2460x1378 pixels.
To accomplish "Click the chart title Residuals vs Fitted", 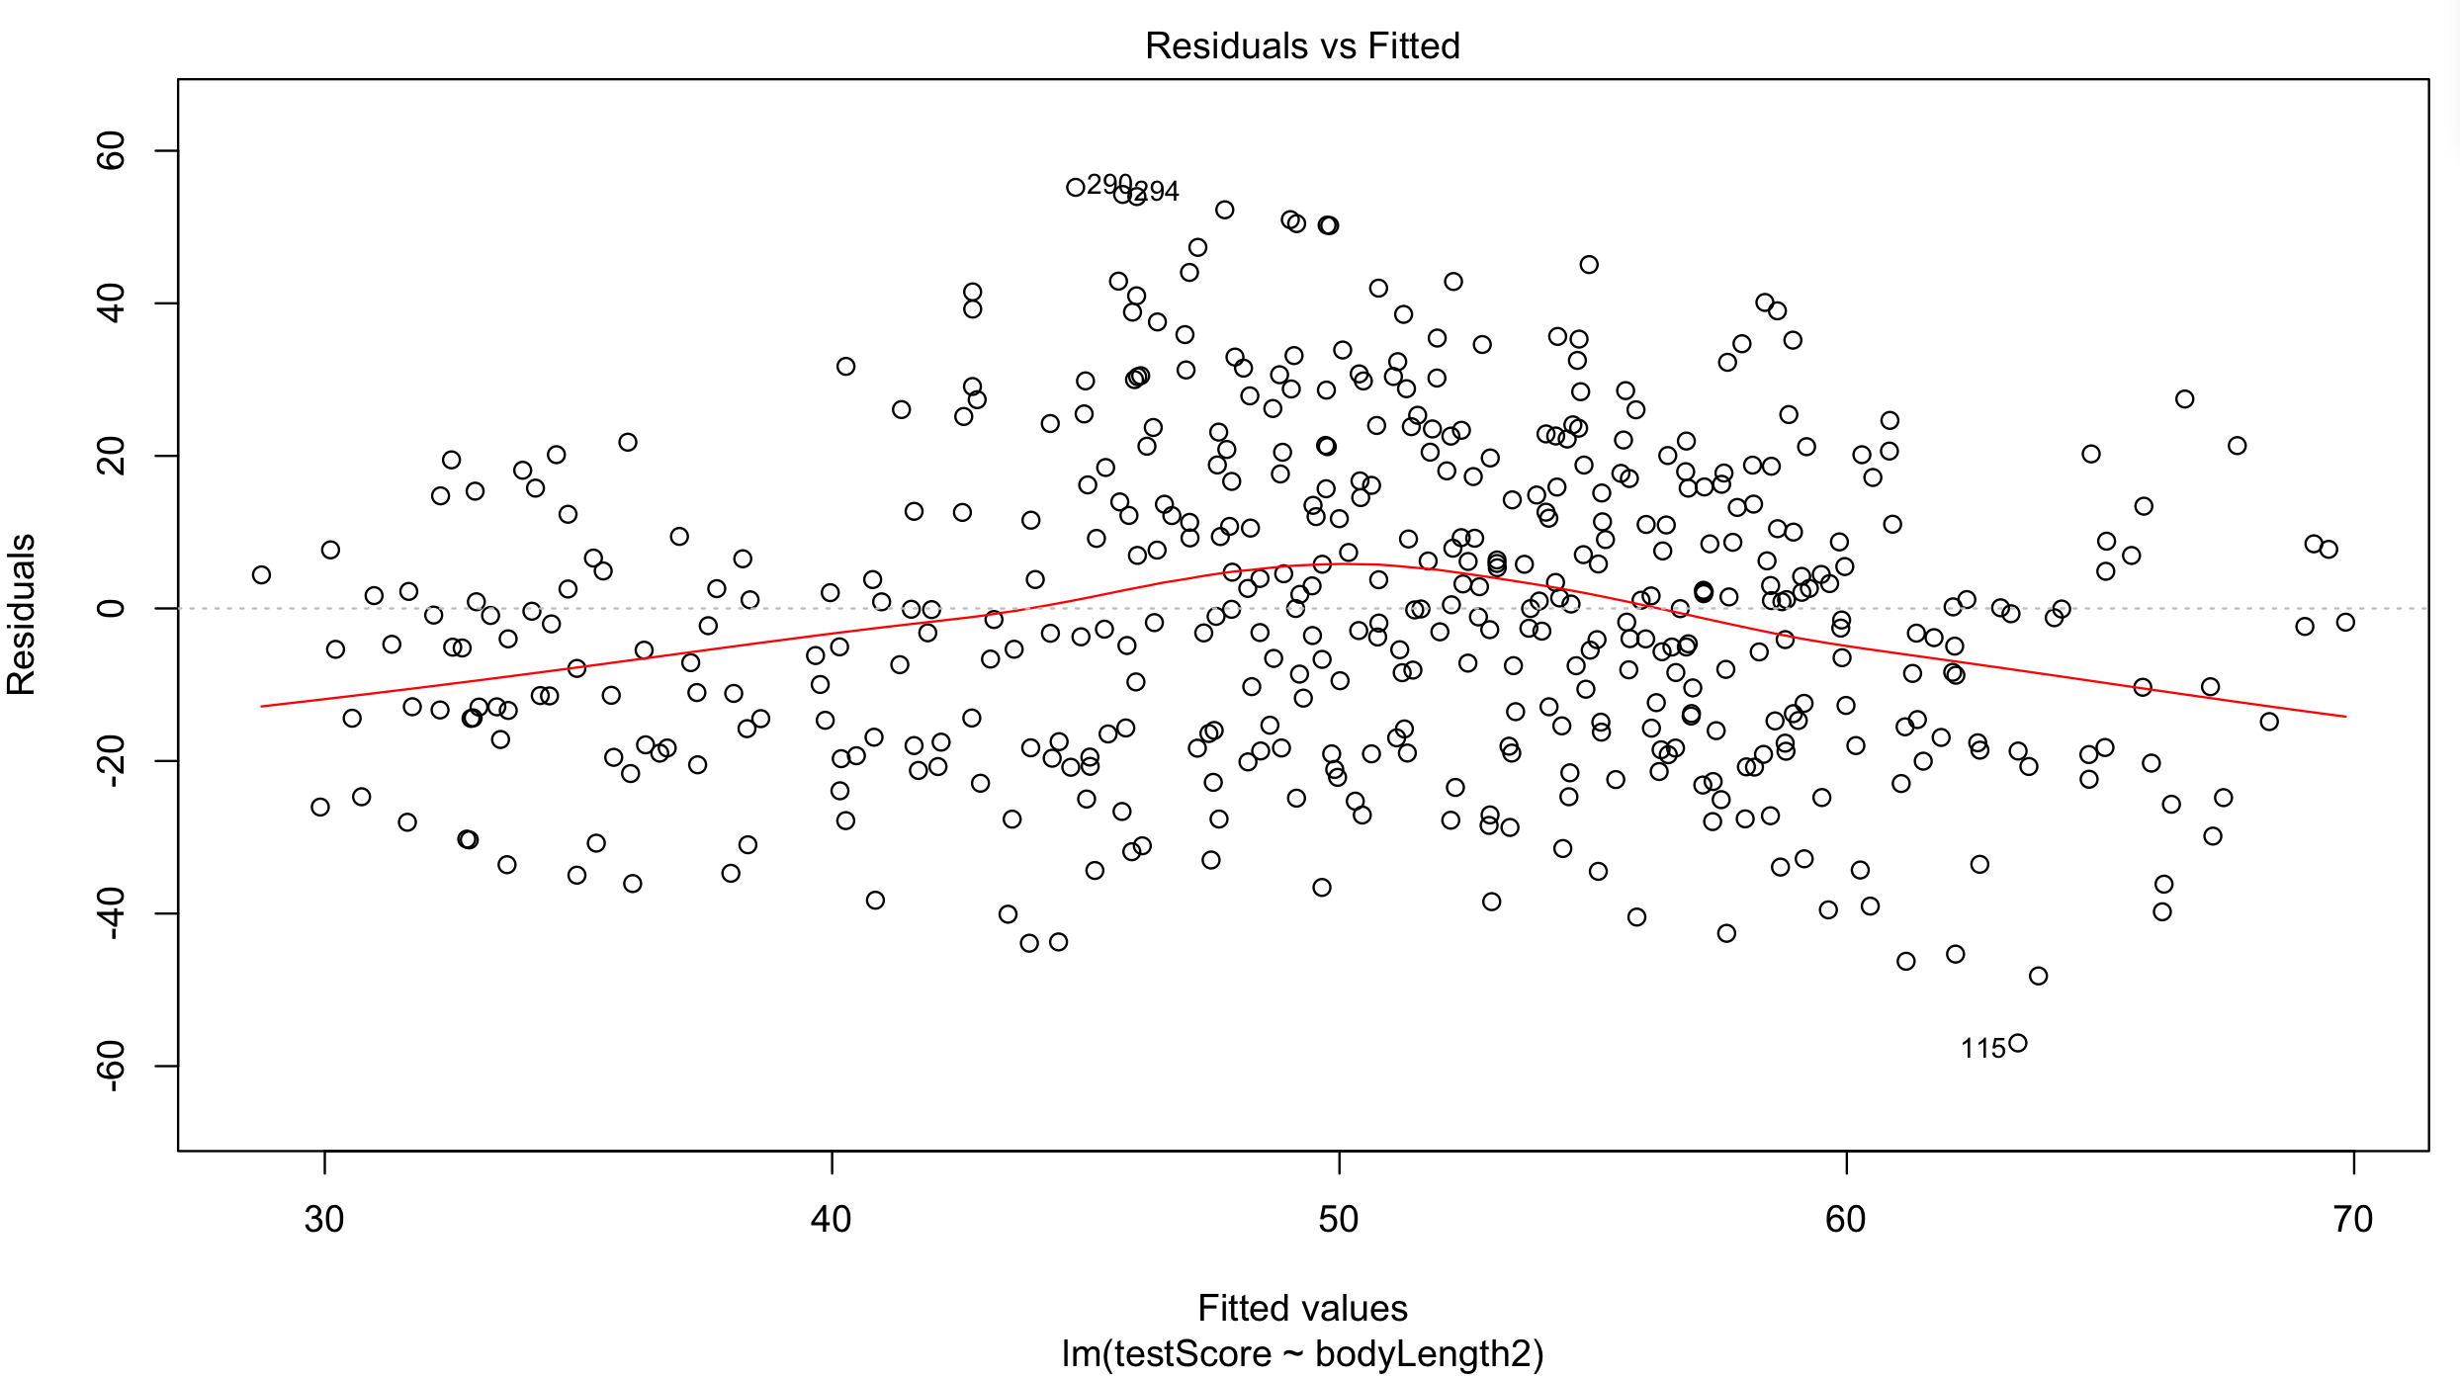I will tap(1302, 46).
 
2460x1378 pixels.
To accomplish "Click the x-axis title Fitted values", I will tap(1302, 1308).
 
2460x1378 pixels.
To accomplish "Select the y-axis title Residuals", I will tap(22, 614).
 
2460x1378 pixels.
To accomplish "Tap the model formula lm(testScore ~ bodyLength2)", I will tap(1302, 1353).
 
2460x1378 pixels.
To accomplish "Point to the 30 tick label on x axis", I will tap(324, 1220).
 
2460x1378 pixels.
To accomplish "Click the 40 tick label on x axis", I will tap(832, 1220).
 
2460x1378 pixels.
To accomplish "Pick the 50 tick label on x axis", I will tap(1339, 1220).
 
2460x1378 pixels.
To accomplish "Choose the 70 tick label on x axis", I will tap(2353, 1220).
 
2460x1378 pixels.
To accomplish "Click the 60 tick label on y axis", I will tap(111, 151).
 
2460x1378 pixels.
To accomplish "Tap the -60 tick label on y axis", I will tap(111, 1065).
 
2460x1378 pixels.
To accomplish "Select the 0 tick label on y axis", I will tap(111, 608).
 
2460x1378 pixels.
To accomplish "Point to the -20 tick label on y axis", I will tap(111, 760).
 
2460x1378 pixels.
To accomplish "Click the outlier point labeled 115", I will tap(2018, 1043).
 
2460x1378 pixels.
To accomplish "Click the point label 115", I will tap(1982, 1049).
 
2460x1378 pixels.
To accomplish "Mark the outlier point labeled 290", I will tap(1076, 187).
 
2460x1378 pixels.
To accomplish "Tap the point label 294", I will tap(1156, 192).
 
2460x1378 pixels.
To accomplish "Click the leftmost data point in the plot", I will tap(261, 574).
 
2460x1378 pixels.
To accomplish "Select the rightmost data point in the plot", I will tap(2345, 622).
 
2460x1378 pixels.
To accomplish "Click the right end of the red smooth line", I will tap(2345, 716).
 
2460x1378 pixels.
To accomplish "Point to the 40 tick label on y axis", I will tap(111, 303).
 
